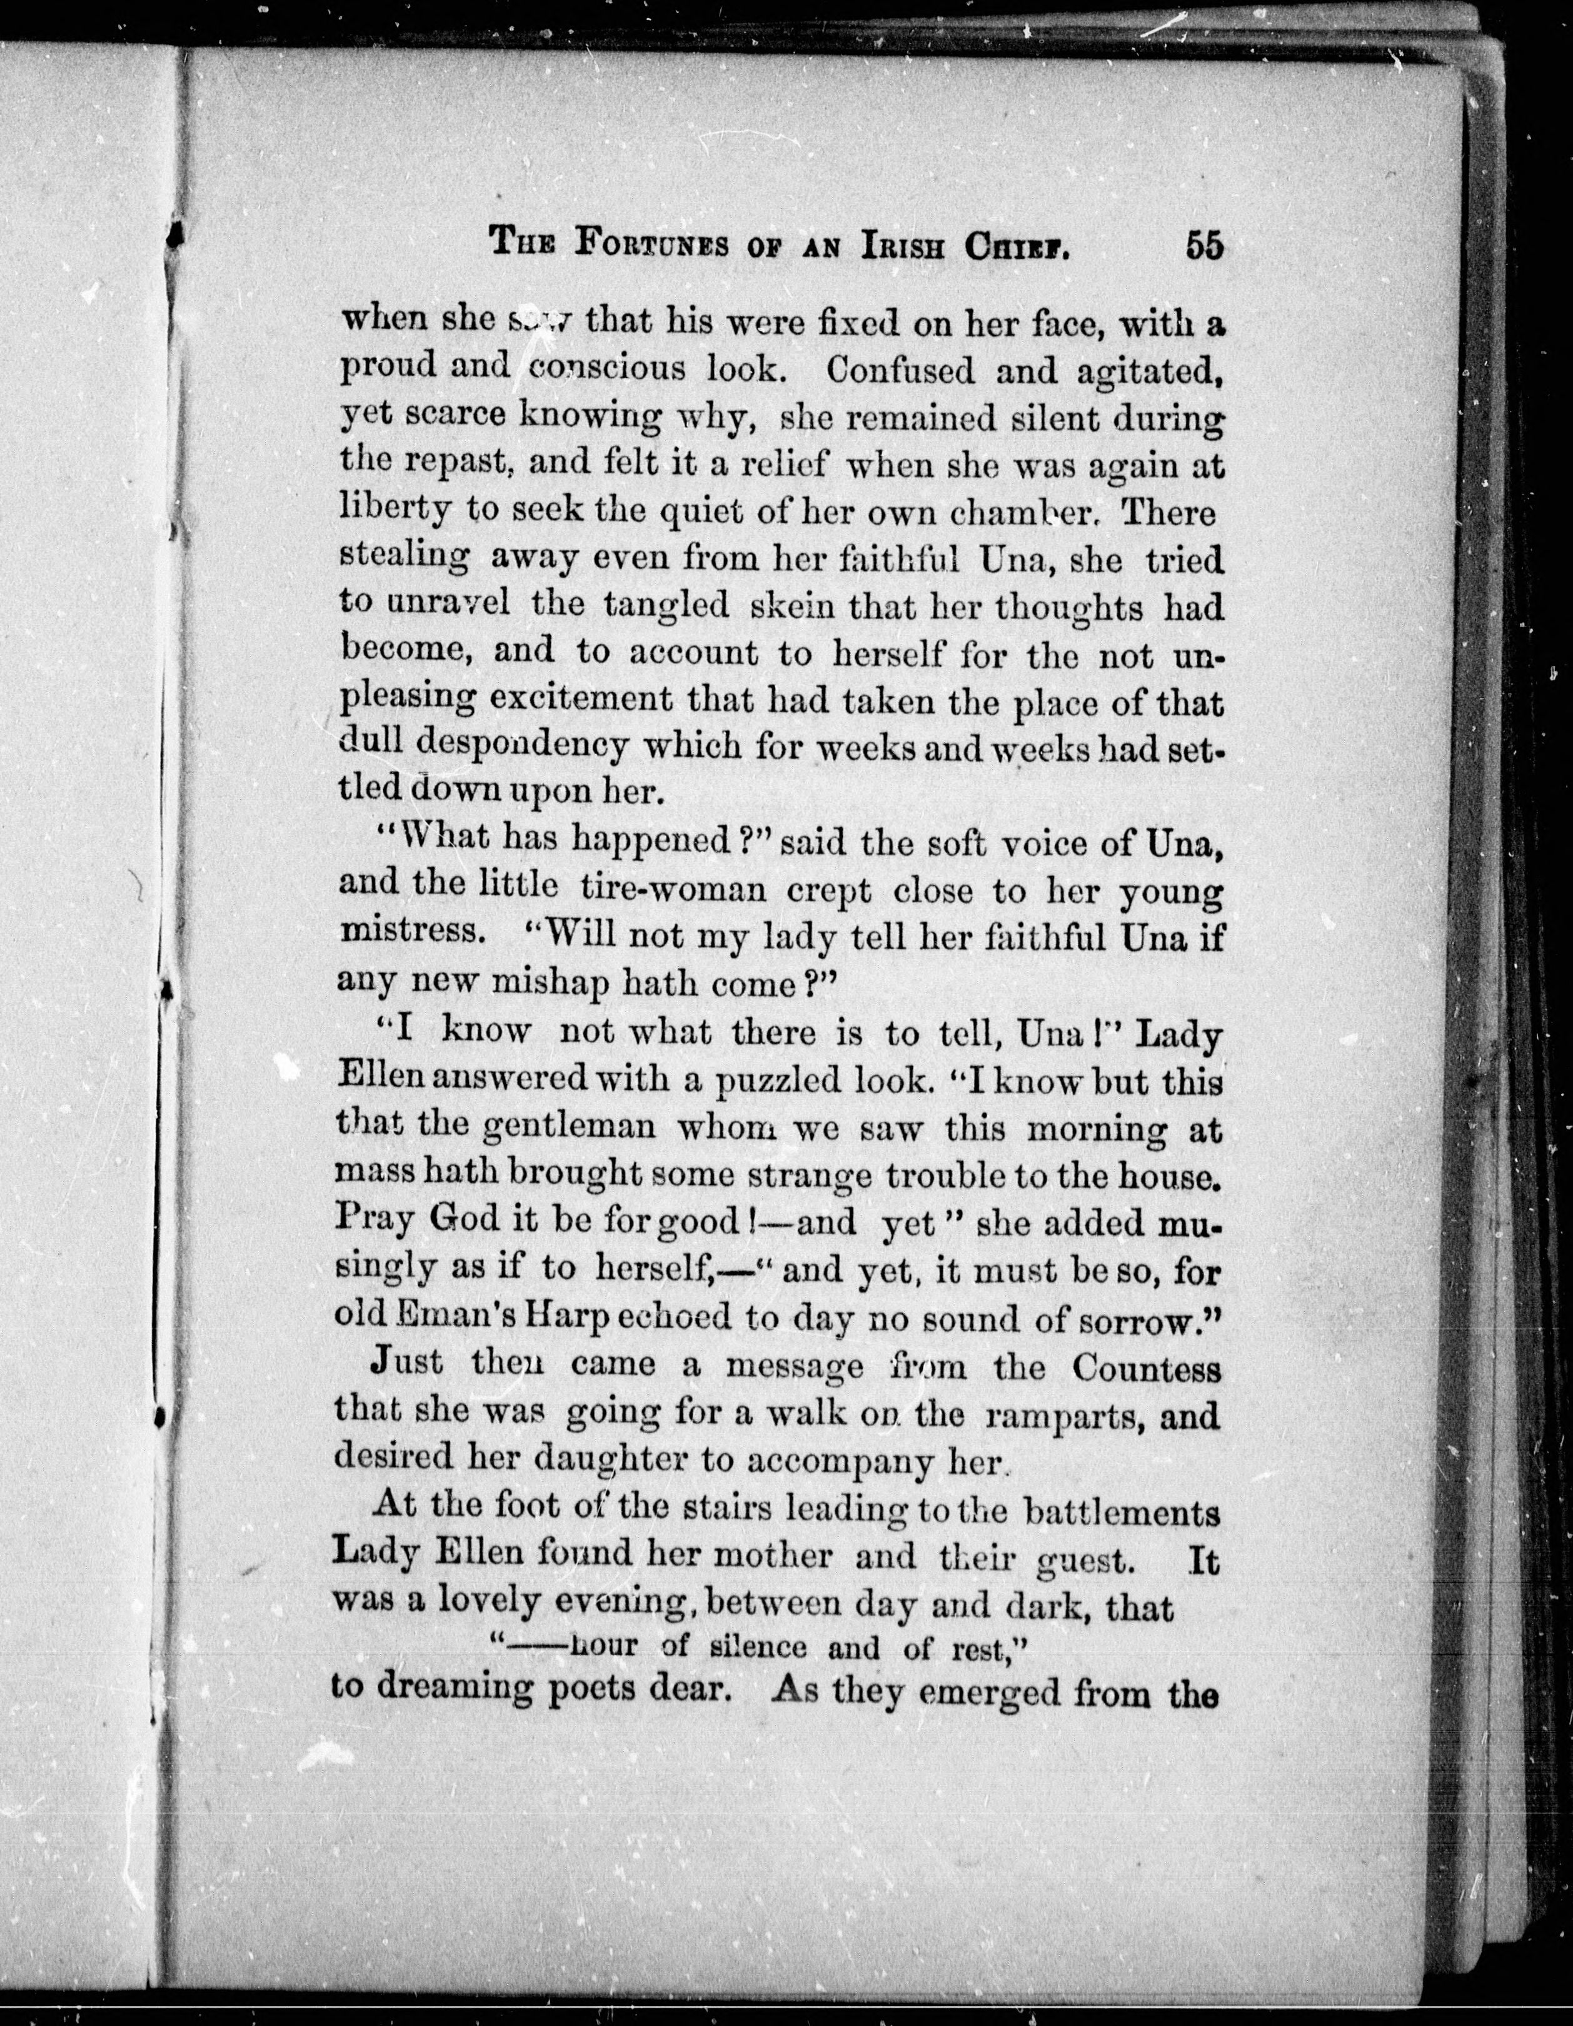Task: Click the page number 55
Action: pyautogui.click(x=1203, y=247)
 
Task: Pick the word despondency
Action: pyautogui.click(x=520, y=744)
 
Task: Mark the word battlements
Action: pyautogui.click(x=1122, y=1512)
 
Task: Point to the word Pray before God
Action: pyautogui.click(x=374, y=1222)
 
